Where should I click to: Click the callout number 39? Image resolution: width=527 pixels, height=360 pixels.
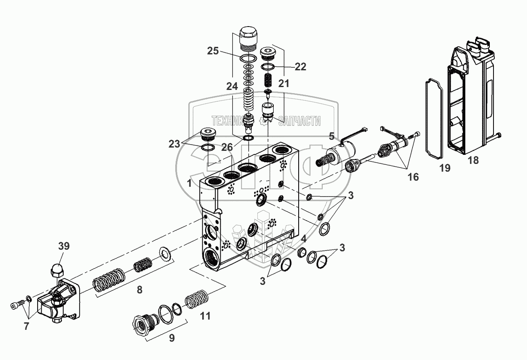[63, 246]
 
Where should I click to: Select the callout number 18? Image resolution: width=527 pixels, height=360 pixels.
[473, 160]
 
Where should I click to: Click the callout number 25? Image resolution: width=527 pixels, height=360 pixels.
[213, 51]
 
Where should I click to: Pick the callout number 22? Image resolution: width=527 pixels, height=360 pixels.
[300, 67]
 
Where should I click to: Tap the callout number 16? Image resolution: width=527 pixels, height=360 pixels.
[413, 177]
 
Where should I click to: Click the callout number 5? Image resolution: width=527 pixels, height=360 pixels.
[331, 135]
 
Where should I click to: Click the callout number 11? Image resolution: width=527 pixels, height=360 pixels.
[205, 315]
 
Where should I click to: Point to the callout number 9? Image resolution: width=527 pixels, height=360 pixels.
[172, 338]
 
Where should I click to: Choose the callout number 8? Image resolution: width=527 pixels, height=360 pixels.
[139, 290]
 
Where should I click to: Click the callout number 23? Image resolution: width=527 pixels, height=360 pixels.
[174, 144]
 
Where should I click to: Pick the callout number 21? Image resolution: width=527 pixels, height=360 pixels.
[284, 84]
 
